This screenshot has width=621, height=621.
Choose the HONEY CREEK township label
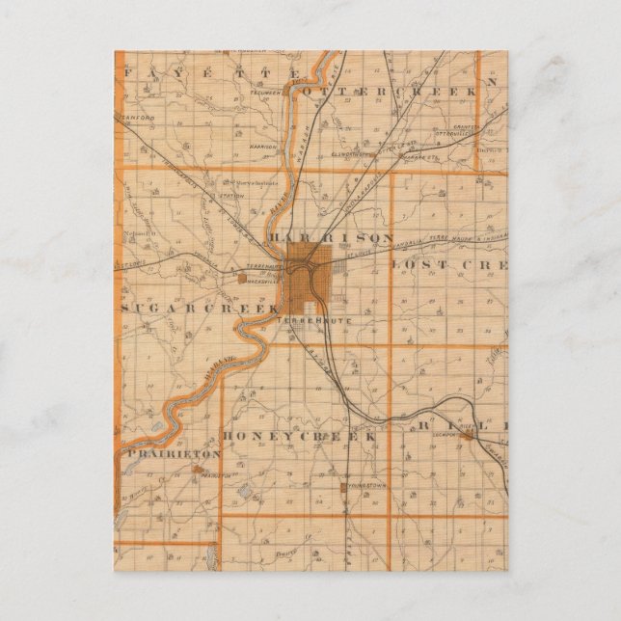[x=298, y=437]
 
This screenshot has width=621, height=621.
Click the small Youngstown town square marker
[x=342, y=488]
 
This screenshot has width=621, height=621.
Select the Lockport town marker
[x=468, y=436]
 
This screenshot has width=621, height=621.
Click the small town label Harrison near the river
[x=263, y=147]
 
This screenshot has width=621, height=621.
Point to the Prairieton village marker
[x=198, y=471]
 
